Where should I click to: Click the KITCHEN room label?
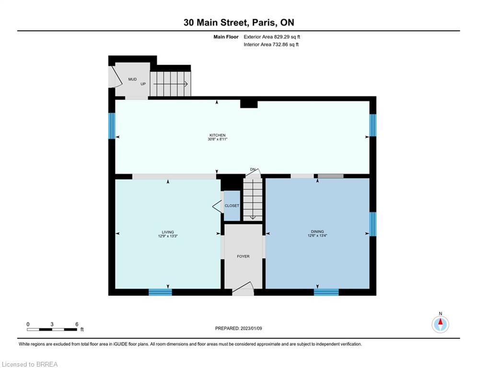click(x=217, y=135)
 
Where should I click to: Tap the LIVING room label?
click(x=168, y=232)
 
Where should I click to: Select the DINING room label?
click(x=317, y=231)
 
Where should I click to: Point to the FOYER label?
click(x=243, y=256)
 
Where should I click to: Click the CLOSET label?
click(x=232, y=206)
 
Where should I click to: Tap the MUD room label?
click(x=132, y=79)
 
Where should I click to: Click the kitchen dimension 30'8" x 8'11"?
click(x=218, y=139)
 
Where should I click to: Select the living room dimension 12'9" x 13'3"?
click(x=168, y=236)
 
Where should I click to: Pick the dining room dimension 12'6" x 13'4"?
click(x=317, y=235)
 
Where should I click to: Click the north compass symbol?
click(x=440, y=324)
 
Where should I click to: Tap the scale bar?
click(x=52, y=329)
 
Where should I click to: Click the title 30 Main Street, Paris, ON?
click(x=239, y=23)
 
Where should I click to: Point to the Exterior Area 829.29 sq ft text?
click(x=272, y=37)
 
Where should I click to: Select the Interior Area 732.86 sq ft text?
click(x=271, y=45)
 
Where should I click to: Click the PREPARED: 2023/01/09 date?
click(x=239, y=328)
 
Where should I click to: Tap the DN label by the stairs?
click(x=253, y=170)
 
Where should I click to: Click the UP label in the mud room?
click(x=143, y=84)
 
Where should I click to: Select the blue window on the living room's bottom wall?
click(x=160, y=292)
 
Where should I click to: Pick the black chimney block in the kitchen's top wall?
click(x=249, y=104)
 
